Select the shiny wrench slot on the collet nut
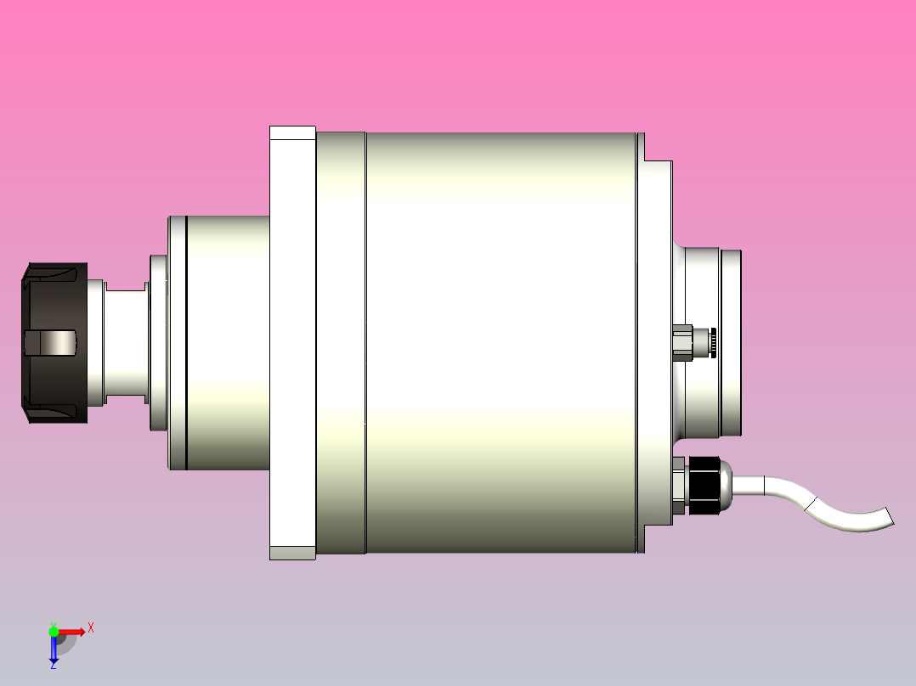coord(53,343)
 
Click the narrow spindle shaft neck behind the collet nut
coord(126,343)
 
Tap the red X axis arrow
coord(71,632)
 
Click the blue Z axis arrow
coord(54,649)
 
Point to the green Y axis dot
coord(54,632)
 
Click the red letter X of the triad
coord(91,627)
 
